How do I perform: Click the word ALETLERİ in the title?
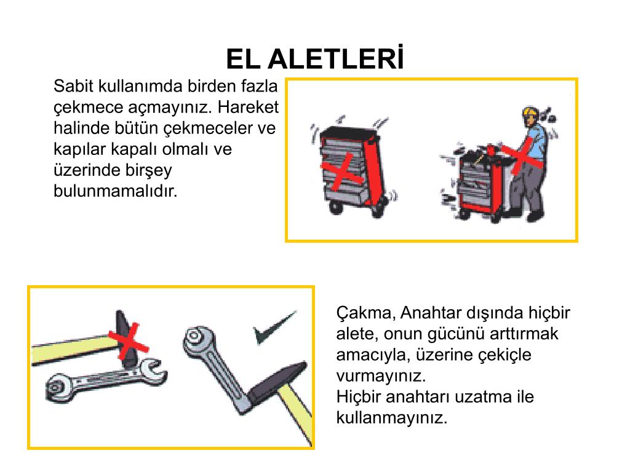point(335,58)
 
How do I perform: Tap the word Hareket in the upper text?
point(248,107)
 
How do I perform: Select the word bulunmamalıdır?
point(115,191)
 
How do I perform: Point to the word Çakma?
point(365,313)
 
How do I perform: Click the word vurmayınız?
point(381,376)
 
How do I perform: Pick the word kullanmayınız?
point(392,418)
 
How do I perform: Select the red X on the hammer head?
point(129,341)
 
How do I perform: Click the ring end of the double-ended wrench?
point(57,387)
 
